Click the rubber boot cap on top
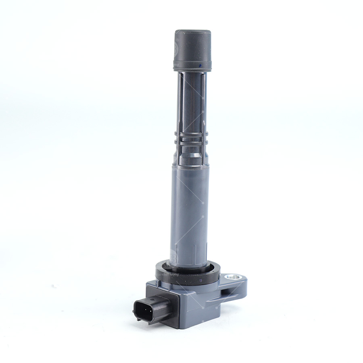(x=192, y=48)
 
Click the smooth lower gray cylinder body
(x=190, y=210)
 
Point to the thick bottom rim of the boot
(x=192, y=67)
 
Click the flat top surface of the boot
(x=193, y=32)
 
